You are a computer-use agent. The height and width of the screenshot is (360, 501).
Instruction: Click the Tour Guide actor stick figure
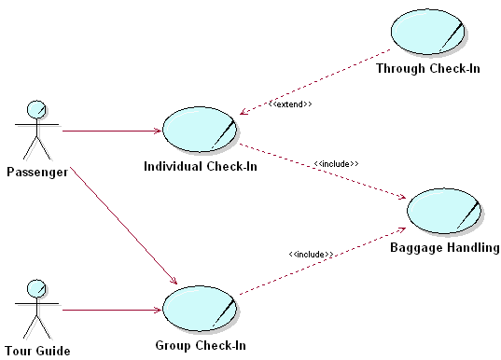pos(36,311)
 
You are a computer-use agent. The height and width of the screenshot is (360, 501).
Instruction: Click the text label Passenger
pos(36,171)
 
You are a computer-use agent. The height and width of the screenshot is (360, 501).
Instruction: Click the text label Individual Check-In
pos(201,167)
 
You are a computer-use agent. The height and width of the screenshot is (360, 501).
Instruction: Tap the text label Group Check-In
pos(201,345)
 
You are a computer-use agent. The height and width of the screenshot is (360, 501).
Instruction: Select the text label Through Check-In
pos(427,68)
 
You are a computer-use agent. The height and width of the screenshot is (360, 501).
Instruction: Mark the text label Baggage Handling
pos(444,248)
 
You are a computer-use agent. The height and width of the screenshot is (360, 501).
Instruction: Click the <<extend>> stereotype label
pos(290,104)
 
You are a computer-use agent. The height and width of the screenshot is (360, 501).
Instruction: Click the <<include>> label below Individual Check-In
pos(337,164)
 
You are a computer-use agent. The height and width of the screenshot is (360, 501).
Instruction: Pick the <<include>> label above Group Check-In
pos(312,254)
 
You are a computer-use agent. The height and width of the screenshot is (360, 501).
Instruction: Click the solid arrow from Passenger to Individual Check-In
pos(112,131)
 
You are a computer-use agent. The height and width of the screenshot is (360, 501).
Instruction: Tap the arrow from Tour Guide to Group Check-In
pos(112,310)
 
